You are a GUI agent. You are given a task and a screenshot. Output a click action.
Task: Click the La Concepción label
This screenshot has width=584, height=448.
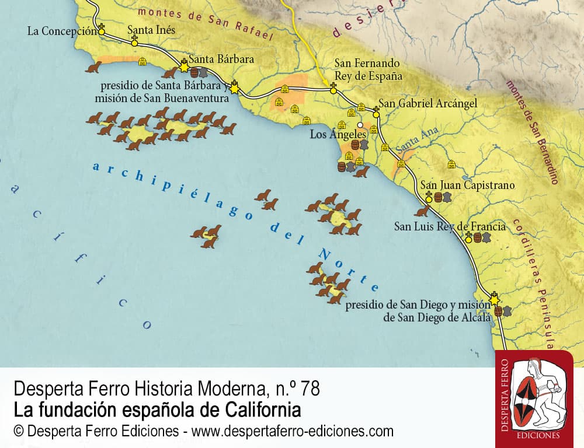61,32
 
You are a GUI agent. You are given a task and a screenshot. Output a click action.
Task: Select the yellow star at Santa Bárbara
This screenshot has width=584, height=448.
185,68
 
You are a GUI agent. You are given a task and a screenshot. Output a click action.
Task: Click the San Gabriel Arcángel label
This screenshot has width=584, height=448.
427,103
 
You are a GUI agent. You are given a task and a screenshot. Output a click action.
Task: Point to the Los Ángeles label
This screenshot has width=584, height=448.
338,135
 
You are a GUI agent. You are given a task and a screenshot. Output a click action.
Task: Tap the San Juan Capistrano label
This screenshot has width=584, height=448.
468,185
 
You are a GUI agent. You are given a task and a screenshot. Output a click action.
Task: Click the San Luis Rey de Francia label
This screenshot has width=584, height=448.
450,226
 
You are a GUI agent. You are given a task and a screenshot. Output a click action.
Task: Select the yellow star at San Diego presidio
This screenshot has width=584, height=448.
495,300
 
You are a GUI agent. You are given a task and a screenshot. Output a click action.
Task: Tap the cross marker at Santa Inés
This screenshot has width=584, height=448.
134,40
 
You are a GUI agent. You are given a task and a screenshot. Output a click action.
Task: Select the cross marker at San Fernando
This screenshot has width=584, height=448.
333,87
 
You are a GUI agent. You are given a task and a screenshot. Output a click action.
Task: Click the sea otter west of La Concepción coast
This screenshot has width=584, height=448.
93,68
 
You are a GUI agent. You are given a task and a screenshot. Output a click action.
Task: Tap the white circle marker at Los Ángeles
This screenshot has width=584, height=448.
360,125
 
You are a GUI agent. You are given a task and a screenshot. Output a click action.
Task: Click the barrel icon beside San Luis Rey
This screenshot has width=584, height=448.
477,238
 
